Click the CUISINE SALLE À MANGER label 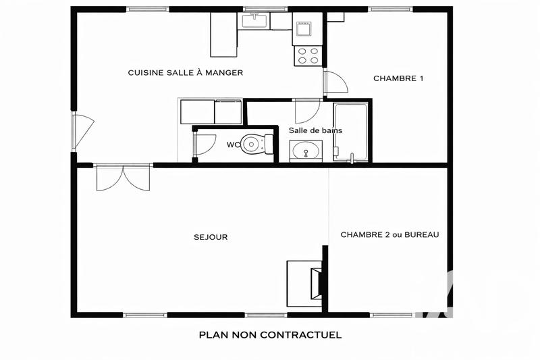tap(185, 72)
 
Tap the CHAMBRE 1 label tap(398, 78)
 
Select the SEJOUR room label tap(211, 237)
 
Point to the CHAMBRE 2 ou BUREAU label tap(389, 235)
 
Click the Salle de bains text tap(315, 130)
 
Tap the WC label tap(233, 145)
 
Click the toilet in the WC tap(256, 144)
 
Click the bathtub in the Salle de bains tap(351, 132)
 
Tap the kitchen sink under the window tap(254, 21)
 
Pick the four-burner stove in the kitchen tap(308, 55)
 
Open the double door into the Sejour tap(123, 177)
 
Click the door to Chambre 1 tap(335, 82)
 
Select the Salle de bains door tap(307, 110)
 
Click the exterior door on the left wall tap(82, 131)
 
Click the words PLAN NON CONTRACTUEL tap(270, 334)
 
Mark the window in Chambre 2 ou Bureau tap(391, 315)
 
